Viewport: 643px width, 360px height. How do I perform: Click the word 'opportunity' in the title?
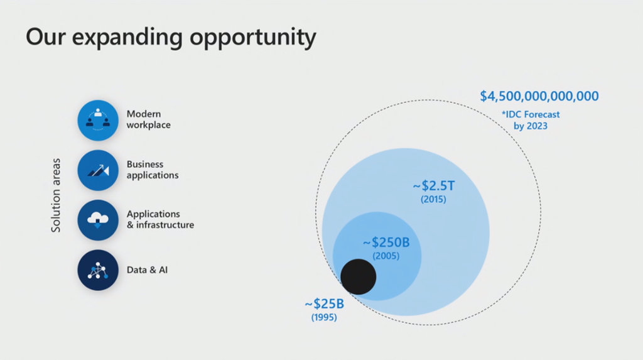(252, 38)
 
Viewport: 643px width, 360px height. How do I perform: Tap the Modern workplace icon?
(97, 120)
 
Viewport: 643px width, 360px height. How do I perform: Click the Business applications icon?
(97, 170)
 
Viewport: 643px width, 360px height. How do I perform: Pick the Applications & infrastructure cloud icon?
(97, 220)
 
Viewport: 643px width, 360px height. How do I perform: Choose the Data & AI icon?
(97, 270)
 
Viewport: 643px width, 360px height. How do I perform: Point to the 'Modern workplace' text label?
(148, 119)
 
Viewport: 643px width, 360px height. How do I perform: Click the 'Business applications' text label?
(152, 170)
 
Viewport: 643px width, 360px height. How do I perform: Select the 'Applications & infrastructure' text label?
(160, 219)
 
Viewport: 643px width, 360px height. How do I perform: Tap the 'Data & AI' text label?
(147, 270)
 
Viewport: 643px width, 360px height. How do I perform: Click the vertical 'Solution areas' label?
(56, 195)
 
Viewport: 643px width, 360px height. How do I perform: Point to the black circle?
(358, 276)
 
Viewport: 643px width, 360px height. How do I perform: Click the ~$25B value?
(325, 303)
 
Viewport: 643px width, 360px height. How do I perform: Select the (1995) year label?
(324, 317)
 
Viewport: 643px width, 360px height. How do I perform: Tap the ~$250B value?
(386, 242)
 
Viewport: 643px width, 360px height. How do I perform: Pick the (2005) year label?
(386, 256)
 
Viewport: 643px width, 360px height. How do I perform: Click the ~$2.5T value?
(433, 185)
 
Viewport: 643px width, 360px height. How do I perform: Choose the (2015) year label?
(433, 199)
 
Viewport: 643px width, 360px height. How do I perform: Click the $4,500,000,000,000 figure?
(539, 96)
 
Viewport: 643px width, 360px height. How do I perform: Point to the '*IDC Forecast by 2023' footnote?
(531, 120)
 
